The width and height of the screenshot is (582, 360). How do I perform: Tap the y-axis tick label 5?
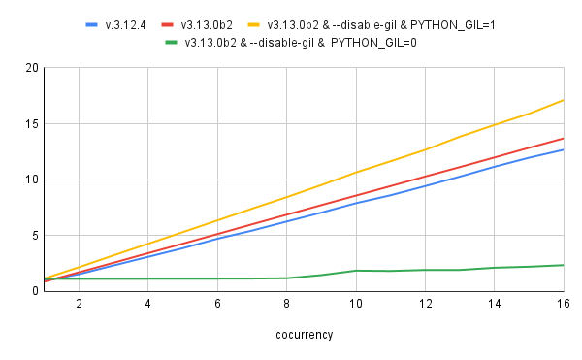(x=33, y=236)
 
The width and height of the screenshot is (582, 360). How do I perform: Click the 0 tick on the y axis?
(x=33, y=291)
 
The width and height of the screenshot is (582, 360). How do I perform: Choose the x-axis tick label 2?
(x=79, y=304)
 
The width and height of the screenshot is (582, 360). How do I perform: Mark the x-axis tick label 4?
(x=147, y=304)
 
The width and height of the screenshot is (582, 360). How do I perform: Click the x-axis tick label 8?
(x=286, y=304)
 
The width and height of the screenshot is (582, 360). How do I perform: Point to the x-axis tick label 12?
(x=425, y=304)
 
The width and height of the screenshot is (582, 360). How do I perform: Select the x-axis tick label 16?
(x=563, y=304)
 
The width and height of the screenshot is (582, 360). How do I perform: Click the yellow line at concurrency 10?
(x=356, y=172)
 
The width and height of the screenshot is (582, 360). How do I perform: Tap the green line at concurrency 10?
(x=356, y=271)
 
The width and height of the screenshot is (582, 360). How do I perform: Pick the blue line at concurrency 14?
(x=495, y=166)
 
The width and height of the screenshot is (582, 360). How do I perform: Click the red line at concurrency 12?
(x=425, y=177)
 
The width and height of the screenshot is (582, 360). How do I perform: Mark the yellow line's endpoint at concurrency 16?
(x=564, y=100)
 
